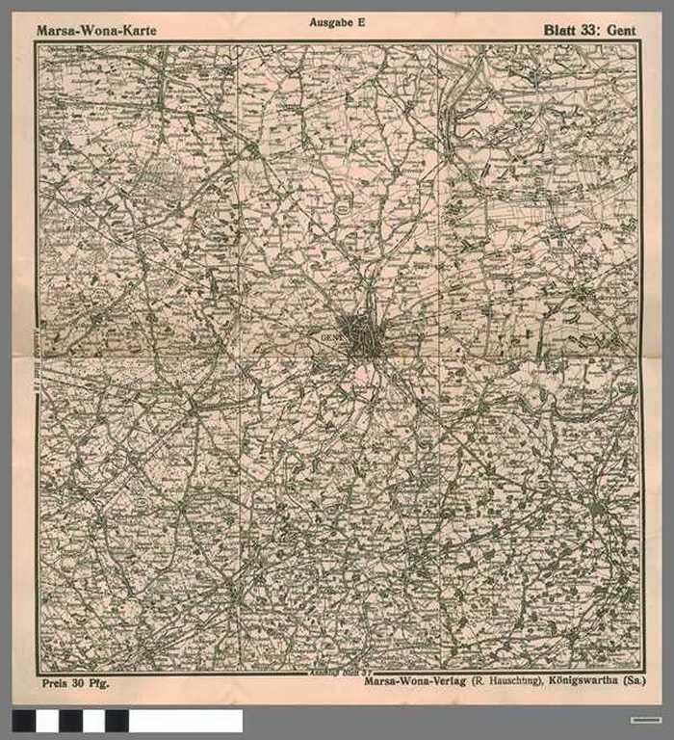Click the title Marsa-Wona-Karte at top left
pos(95,31)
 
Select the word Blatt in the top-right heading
pos(560,31)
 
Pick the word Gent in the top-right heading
pos(621,31)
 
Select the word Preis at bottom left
pos(57,683)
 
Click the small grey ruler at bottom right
pos(646,720)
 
